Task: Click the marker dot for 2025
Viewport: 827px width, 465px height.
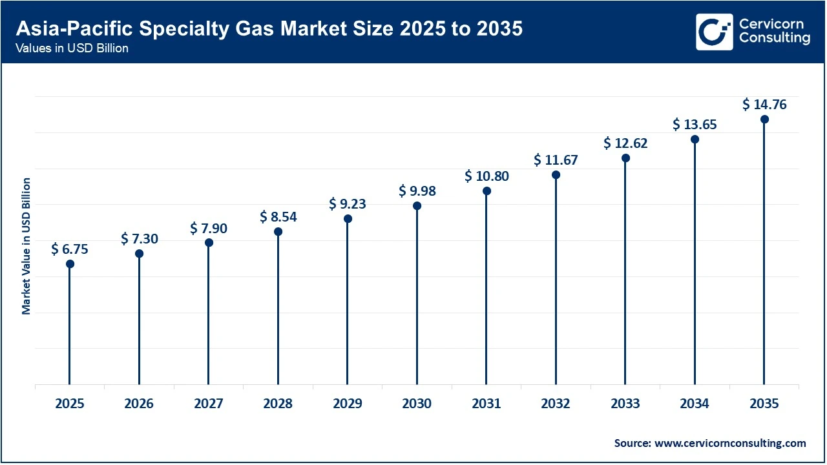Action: click(70, 263)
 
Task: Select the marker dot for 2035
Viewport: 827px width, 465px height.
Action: click(764, 119)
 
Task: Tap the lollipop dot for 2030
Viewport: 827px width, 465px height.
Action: click(417, 206)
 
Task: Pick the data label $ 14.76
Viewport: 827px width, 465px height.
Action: click(764, 104)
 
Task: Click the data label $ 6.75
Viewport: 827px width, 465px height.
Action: click(70, 249)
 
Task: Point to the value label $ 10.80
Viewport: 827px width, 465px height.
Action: click(487, 176)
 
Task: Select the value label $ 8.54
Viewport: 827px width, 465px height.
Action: click(278, 216)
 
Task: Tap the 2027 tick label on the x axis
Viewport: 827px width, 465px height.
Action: click(209, 404)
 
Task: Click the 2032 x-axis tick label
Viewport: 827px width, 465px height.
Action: click(556, 404)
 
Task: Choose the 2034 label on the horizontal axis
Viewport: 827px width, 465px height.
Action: click(695, 404)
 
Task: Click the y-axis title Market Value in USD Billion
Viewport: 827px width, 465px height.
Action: click(26, 245)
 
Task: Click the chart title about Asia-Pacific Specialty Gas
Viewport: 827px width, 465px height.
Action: click(269, 28)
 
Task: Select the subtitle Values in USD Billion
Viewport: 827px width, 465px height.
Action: click(72, 48)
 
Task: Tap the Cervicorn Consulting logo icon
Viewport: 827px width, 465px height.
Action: click(715, 32)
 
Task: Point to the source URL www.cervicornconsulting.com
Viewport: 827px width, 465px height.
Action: click(731, 443)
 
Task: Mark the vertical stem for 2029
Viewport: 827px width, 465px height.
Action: click(348, 304)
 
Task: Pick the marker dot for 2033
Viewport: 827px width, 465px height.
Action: click(625, 158)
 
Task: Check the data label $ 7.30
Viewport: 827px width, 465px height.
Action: click(139, 239)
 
